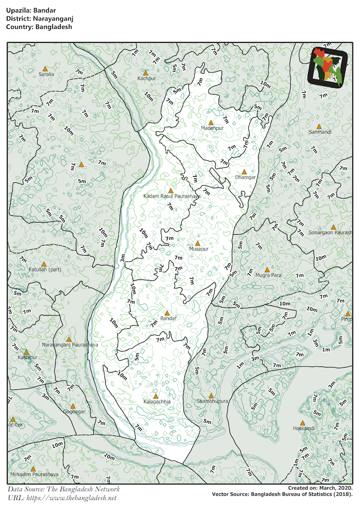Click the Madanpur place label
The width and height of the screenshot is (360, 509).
click(x=212, y=128)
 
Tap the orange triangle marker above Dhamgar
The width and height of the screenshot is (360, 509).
click(x=244, y=172)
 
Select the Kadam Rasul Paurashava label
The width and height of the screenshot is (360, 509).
click(x=172, y=196)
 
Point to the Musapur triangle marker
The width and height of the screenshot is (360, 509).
click(x=197, y=243)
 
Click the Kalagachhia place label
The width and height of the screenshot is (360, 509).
click(x=157, y=401)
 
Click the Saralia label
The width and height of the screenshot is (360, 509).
click(x=46, y=74)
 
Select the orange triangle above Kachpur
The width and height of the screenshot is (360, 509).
click(x=146, y=73)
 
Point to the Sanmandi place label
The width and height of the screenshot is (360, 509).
click(x=321, y=132)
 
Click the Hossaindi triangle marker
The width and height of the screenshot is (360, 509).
click(x=303, y=423)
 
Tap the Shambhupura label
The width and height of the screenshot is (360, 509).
click(x=213, y=401)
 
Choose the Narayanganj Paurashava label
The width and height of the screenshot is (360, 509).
click(x=70, y=345)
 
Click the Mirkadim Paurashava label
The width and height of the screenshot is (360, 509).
click(x=34, y=475)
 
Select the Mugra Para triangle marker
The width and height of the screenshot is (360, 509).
click(x=267, y=270)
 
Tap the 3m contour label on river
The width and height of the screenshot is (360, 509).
click(x=123, y=257)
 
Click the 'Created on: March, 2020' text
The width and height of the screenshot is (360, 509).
click(x=320, y=488)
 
